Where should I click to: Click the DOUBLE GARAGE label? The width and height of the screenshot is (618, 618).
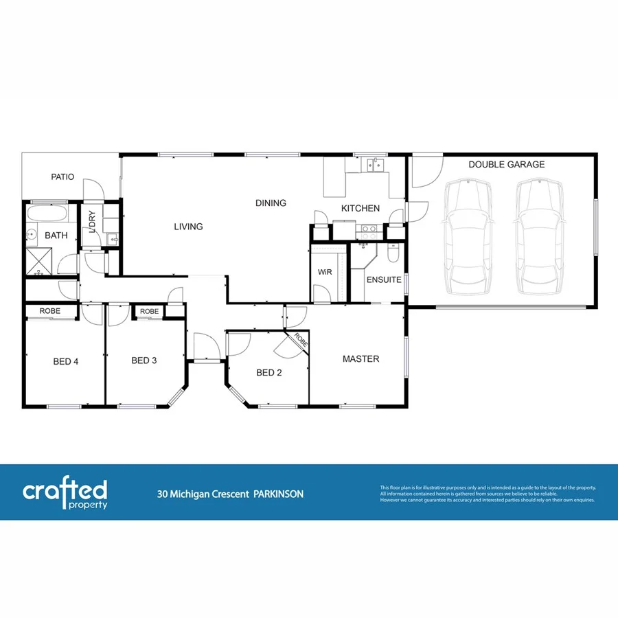click(506, 165)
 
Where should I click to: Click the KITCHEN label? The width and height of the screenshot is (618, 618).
click(360, 208)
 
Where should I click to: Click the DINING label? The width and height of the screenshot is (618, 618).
click(271, 203)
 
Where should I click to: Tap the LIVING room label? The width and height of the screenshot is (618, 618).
click(188, 227)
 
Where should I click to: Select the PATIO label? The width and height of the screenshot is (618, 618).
click(62, 177)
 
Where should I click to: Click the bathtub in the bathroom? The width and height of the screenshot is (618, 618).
click(49, 214)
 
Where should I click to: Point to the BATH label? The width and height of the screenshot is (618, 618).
click(56, 236)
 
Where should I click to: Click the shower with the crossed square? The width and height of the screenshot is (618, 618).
click(41, 262)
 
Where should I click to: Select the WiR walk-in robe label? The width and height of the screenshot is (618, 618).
click(325, 273)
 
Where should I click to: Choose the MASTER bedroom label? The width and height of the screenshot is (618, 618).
click(360, 359)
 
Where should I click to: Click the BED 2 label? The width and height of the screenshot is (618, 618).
click(269, 374)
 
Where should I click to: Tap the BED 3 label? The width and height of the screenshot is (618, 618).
click(145, 361)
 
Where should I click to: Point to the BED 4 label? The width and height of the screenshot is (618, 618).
click(67, 361)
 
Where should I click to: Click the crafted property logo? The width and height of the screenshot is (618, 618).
click(65, 494)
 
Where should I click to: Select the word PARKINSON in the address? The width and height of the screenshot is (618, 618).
click(278, 494)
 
